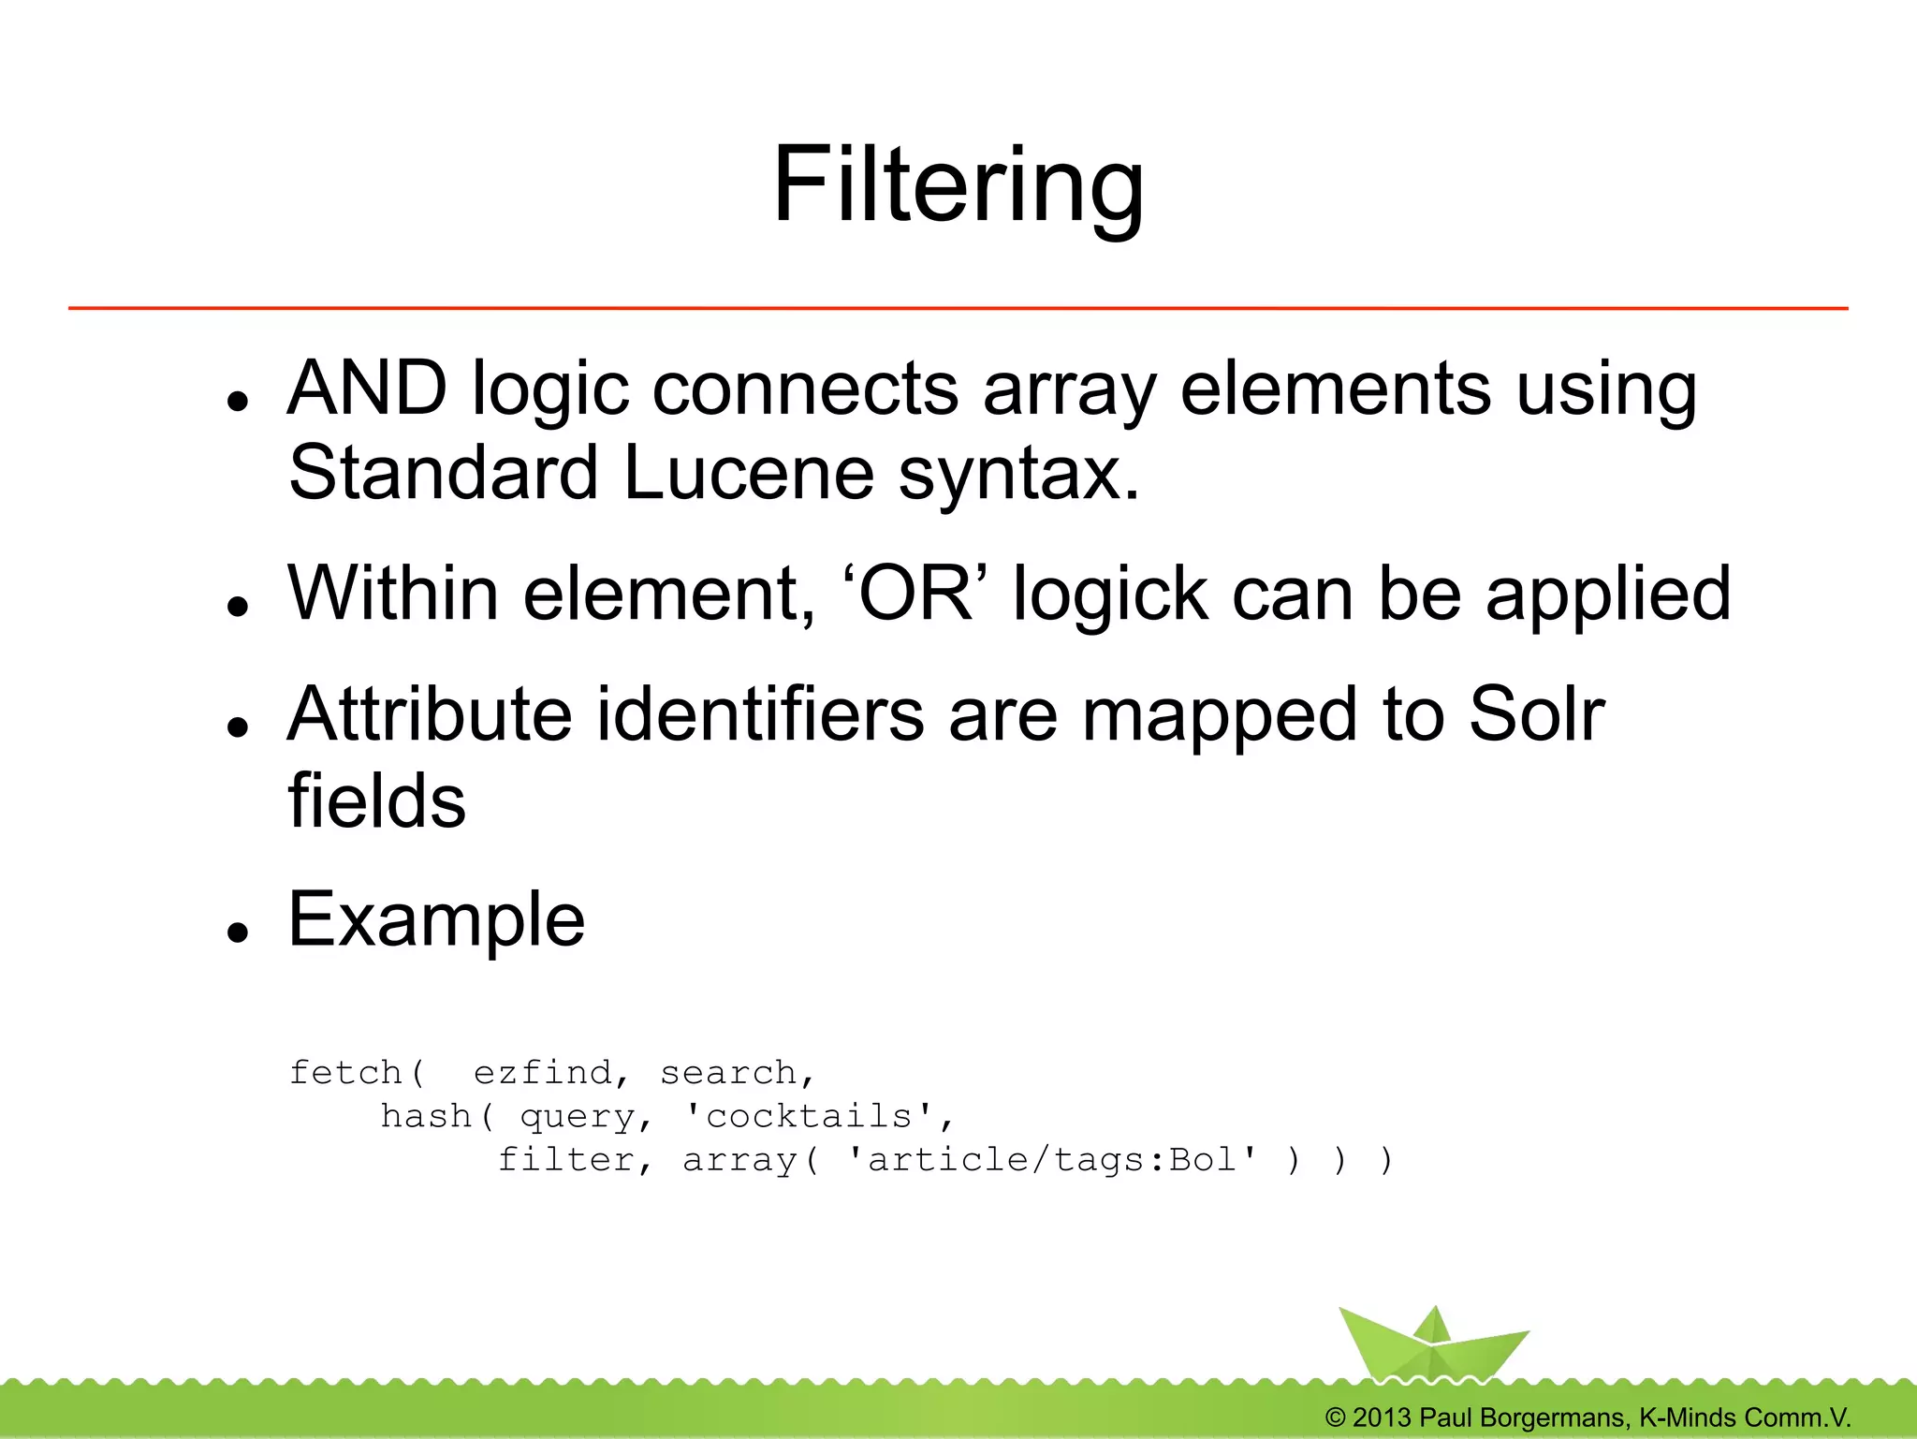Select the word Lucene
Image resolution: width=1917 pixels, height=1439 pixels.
coord(749,472)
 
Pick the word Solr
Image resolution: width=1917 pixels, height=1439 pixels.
coord(1537,714)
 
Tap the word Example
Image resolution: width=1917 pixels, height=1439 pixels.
coord(436,919)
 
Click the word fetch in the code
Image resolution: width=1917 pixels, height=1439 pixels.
coord(345,1072)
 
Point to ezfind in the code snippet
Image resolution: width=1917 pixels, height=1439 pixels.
coord(543,1072)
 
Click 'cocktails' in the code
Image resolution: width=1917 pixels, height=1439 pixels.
coord(810,1116)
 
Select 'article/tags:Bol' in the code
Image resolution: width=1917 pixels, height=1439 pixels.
coord(1052,1160)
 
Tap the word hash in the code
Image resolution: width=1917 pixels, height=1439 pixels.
coord(426,1116)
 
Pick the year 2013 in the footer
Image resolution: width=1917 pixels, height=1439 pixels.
coord(1381,1417)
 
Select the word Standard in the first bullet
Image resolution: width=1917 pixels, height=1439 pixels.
coord(443,472)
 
